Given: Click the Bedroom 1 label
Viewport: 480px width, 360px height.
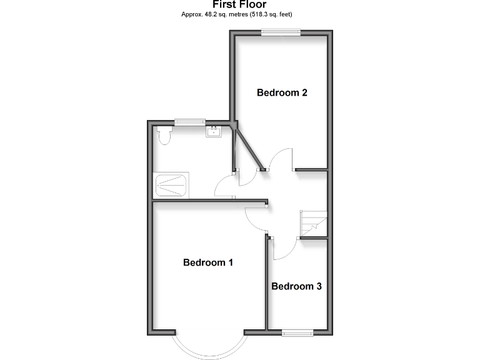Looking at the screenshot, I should tap(207, 262).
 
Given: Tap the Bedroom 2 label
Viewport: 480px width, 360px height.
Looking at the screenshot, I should tap(282, 92).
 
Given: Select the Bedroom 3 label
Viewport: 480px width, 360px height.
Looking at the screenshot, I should tap(296, 286).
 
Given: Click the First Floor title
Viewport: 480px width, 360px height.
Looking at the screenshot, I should tap(239, 4).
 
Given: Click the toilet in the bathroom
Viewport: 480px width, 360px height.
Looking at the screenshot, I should tap(164, 135).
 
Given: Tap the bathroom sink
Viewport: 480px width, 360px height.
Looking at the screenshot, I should tap(213, 131).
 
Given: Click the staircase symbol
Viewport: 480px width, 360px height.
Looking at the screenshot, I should tap(313, 223).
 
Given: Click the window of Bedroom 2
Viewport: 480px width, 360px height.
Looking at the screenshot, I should tap(281, 33).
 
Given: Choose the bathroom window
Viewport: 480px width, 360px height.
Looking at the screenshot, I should tap(189, 122).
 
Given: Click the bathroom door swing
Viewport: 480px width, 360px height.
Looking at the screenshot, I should tap(225, 186).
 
